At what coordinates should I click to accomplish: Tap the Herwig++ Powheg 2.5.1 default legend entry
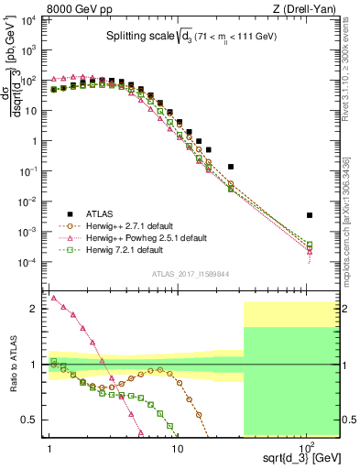(x=146, y=236)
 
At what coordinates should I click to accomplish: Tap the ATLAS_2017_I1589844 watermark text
(x=190, y=273)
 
